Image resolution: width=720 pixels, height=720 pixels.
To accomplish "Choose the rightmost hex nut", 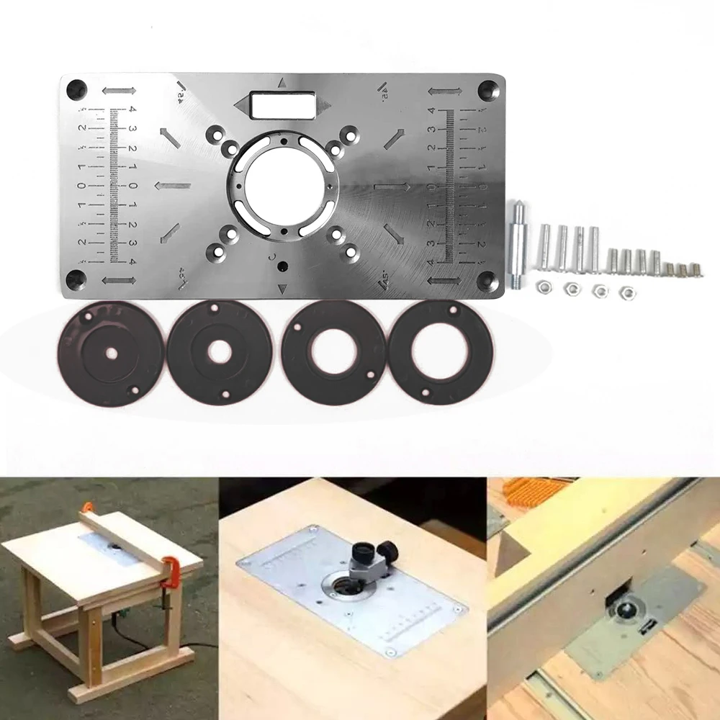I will [627, 291].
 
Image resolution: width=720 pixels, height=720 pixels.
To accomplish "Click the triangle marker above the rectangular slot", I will [283, 82].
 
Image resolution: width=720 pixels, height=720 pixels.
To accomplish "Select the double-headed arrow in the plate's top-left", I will [119, 91].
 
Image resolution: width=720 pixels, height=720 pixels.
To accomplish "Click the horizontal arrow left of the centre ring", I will [173, 186].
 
